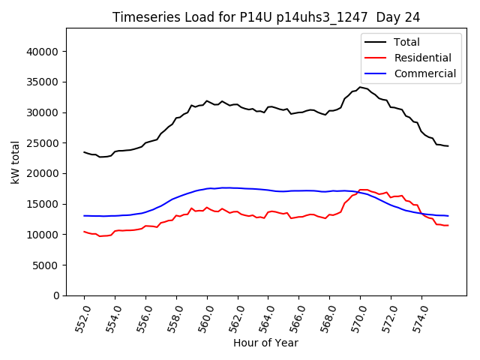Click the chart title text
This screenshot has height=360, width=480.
click(x=266, y=16)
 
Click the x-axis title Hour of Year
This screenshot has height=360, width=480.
click(x=265, y=343)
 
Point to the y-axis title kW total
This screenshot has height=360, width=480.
click(x=15, y=162)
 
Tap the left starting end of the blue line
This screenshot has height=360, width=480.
click(x=84, y=216)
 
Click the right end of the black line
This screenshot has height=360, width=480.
click(x=448, y=145)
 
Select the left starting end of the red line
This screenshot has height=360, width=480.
click(x=84, y=232)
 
